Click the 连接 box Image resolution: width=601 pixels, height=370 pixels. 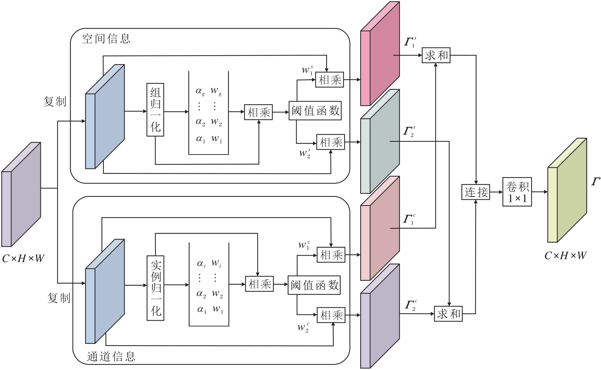tap(476, 192)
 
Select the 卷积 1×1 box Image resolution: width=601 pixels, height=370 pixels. tap(517, 192)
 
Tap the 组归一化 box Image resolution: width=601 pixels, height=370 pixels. tap(155, 110)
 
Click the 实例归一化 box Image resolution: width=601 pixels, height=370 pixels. tap(155, 288)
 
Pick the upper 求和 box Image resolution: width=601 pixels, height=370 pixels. tap(436, 55)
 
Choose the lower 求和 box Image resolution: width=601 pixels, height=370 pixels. tap(448, 314)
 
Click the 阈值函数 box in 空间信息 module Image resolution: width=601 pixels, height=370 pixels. tap(315, 111)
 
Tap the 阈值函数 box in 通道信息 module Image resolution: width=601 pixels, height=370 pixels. tap(314, 285)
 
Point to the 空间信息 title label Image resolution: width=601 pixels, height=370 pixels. tap(106, 39)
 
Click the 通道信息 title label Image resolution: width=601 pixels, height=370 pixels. tap(111, 357)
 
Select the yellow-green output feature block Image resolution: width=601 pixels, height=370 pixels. tap(567, 190)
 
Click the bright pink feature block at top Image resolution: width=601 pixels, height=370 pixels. tap(380, 55)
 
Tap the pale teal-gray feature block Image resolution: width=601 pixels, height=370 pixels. tap(380, 142)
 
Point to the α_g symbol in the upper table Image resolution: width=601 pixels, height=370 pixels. tap(200, 91)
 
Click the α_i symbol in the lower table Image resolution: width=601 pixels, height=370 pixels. tap(201, 263)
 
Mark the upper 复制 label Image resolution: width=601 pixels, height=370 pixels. tap(55, 102)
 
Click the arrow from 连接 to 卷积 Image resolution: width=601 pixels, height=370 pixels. tap(496, 192)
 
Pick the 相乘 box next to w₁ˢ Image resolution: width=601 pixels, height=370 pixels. tap(329, 80)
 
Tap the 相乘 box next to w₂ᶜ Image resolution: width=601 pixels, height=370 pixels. tap(331, 315)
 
